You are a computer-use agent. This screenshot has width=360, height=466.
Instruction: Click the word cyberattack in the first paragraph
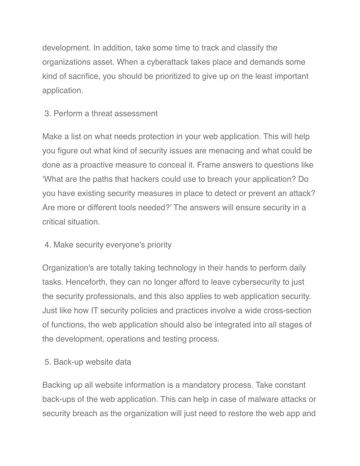click(x=167, y=62)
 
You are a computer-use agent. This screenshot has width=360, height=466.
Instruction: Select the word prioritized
click(x=170, y=76)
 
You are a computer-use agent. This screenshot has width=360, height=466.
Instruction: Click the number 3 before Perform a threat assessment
click(x=47, y=114)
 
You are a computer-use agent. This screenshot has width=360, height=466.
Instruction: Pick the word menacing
click(x=226, y=151)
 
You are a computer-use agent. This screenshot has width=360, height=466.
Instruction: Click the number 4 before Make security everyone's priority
click(x=47, y=245)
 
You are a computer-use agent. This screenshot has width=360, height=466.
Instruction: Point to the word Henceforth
click(x=86, y=282)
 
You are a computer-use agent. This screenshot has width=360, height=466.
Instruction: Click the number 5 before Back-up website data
click(x=47, y=362)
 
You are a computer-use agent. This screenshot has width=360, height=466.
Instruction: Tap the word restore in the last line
click(x=240, y=414)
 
